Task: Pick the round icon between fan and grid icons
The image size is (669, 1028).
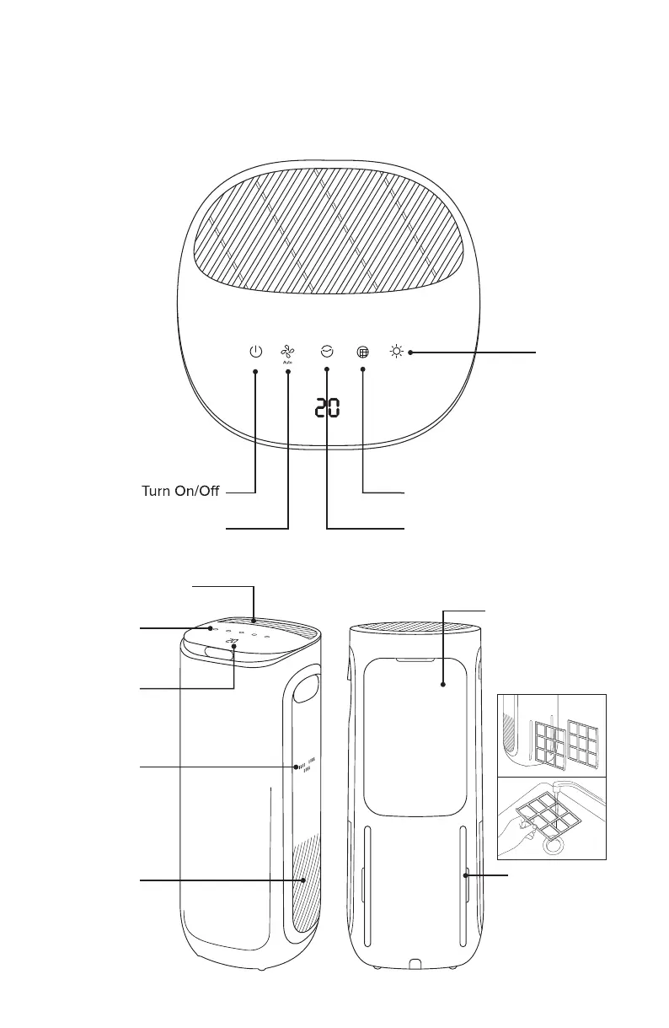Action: click(x=327, y=352)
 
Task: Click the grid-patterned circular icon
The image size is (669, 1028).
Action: click(x=363, y=353)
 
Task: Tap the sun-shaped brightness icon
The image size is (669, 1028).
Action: click(x=395, y=352)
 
